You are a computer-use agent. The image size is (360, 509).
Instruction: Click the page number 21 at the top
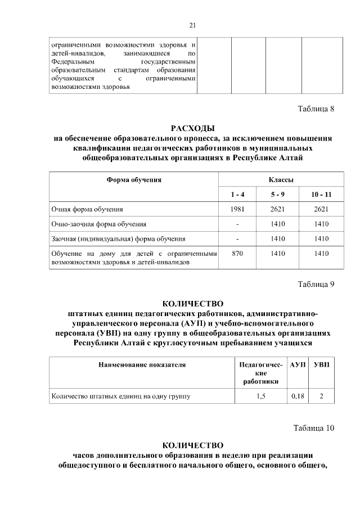(192, 25)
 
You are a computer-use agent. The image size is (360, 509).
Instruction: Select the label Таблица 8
(316, 109)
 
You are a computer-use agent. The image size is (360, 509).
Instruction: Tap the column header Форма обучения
(134, 180)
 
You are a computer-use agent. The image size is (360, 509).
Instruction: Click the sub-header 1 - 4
(237, 195)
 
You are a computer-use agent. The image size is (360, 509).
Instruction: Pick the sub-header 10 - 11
(321, 195)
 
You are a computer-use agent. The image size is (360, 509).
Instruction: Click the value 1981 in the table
(237, 210)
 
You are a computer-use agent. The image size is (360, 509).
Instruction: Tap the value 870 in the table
(237, 254)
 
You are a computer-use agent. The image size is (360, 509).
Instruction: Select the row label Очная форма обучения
(87, 210)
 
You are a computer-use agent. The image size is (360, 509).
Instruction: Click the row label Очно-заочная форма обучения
(99, 224)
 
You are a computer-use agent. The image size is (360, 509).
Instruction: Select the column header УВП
(321, 364)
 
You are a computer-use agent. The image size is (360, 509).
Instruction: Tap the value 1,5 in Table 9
(260, 397)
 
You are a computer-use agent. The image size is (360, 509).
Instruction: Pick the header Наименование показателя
(142, 364)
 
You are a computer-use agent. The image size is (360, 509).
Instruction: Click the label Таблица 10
(314, 428)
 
